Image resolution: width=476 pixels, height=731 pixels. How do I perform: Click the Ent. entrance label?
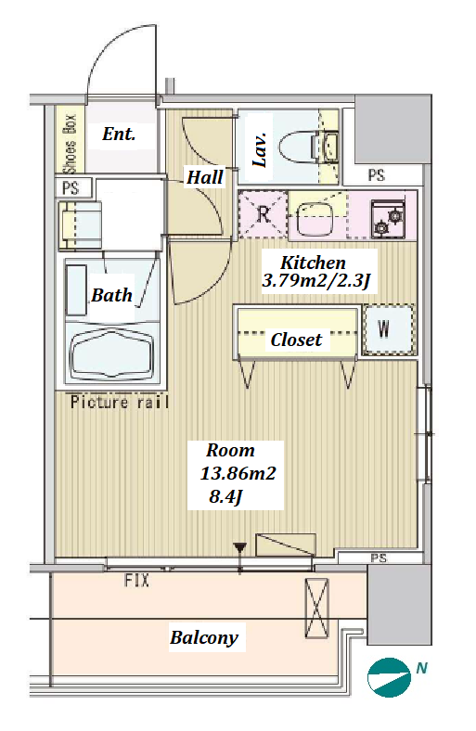(x=119, y=135)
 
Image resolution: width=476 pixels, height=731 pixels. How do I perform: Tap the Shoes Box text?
(x=70, y=143)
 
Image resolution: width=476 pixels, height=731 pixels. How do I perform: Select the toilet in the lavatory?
(x=309, y=146)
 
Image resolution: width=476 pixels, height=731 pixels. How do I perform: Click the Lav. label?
(x=260, y=149)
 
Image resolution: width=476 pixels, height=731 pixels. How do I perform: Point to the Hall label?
(x=205, y=177)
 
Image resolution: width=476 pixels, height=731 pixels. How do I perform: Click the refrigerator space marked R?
(x=264, y=214)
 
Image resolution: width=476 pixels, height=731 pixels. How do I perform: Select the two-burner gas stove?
(x=388, y=218)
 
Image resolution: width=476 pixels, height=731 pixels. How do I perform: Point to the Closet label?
(x=296, y=340)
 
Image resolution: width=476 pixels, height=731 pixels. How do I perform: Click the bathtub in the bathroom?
(x=112, y=353)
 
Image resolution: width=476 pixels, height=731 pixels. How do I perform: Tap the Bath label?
(x=112, y=295)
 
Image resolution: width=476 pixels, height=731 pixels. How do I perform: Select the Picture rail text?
(x=120, y=402)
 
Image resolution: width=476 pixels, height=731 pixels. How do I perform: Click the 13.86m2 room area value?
(x=238, y=474)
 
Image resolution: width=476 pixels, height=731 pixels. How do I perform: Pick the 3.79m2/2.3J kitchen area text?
(x=316, y=281)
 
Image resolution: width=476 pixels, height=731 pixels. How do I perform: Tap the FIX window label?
(x=136, y=580)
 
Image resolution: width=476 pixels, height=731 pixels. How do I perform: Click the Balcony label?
(x=204, y=637)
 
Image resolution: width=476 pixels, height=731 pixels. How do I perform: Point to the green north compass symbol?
(x=389, y=677)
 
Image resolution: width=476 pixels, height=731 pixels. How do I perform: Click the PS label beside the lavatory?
(x=376, y=175)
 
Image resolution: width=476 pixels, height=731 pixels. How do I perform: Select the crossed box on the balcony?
(x=316, y=608)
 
